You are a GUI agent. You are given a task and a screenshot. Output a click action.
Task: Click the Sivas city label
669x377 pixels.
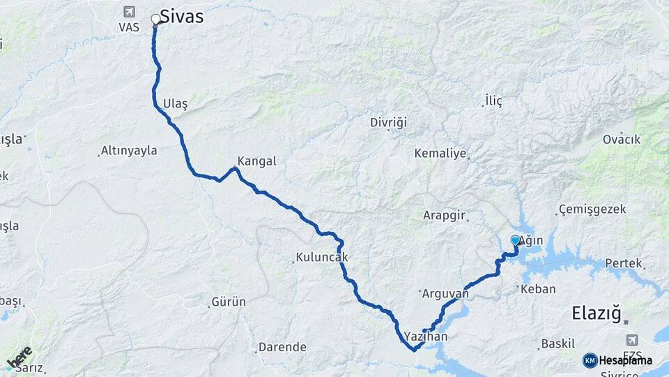click(182, 16)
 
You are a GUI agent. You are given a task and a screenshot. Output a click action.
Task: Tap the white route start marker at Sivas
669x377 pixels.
click(155, 19)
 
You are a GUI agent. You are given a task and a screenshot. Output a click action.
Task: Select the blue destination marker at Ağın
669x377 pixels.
click(515, 240)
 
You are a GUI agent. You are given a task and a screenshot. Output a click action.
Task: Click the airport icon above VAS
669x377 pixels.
click(128, 11)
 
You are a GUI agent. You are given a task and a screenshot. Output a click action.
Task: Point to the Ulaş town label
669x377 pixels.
click(175, 103)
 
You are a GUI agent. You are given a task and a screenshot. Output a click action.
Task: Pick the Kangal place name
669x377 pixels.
click(256, 161)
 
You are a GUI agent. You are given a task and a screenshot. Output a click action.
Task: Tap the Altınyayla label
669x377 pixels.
click(129, 150)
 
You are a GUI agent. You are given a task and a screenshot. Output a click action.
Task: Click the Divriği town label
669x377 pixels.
click(388, 123)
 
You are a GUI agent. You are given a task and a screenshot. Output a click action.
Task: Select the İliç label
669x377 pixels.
click(493, 101)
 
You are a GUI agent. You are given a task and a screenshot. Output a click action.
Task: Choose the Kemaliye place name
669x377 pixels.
click(440, 153)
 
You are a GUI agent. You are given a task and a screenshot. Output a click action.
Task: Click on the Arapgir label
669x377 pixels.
click(444, 216)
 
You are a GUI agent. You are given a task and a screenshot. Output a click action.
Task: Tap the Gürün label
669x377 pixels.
click(229, 302)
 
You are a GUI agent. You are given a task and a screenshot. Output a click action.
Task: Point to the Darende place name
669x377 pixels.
click(282, 347)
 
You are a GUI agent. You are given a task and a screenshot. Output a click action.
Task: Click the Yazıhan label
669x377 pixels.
click(426, 337)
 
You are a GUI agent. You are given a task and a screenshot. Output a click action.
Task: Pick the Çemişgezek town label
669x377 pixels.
click(592, 209)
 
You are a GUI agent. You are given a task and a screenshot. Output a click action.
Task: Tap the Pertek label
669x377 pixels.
click(622, 263)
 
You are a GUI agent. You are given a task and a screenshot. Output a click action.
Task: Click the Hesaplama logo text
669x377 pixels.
click(625, 360)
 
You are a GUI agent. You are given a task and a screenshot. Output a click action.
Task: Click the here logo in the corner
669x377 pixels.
click(19, 357)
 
